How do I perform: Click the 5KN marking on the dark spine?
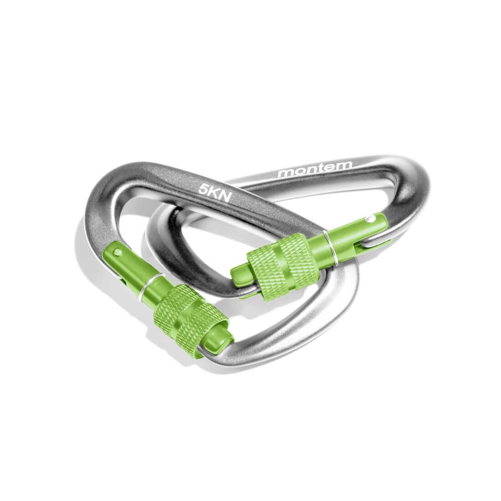point(215,193)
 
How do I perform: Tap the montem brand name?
point(315,169)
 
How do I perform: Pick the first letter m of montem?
point(285,173)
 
